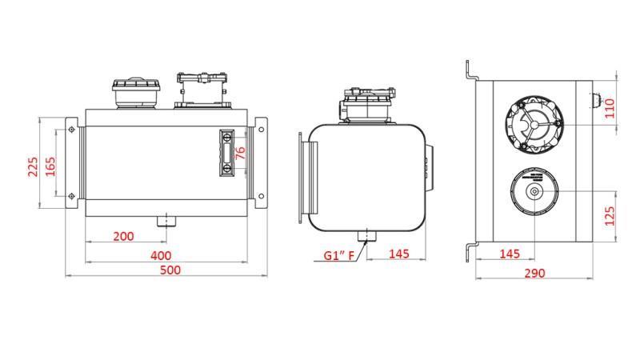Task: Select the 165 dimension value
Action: coord(50,166)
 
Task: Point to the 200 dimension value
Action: coord(123,236)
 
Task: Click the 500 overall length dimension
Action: coord(170,270)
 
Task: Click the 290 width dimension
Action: coord(534,273)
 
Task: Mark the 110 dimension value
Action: coord(609,107)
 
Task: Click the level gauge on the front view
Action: coord(228,152)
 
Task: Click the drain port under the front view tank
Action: coord(166,219)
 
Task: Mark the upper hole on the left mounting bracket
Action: coord(72,130)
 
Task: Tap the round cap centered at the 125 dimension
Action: coord(534,193)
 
